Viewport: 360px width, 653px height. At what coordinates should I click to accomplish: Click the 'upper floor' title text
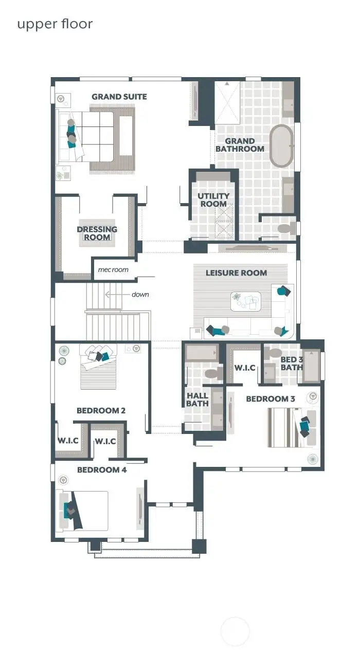[55, 24]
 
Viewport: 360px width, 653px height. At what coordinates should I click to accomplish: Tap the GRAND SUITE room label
[119, 97]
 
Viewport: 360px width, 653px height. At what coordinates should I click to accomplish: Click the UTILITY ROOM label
[213, 200]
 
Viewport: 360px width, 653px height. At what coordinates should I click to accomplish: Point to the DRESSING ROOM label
[97, 233]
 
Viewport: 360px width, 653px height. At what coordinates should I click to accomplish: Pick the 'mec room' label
[113, 269]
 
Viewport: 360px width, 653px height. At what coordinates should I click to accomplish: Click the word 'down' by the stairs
[140, 295]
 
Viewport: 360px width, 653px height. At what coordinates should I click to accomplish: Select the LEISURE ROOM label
[236, 273]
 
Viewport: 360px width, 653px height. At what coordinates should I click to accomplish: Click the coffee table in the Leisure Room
[246, 301]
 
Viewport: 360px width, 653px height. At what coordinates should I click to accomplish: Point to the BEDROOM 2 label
[101, 411]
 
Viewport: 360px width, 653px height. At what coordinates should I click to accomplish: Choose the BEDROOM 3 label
[271, 399]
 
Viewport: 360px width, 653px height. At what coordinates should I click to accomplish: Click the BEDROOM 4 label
[102, 470]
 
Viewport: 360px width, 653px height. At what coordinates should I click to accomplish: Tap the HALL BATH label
[197, 400]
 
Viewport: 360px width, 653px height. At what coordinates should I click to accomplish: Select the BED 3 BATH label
[292, 364]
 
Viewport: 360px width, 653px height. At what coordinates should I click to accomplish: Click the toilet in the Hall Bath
[211, 374]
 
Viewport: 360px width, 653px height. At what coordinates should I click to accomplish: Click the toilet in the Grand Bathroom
[284, 228]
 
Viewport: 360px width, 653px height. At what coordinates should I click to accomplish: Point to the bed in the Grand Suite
[93, 136]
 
